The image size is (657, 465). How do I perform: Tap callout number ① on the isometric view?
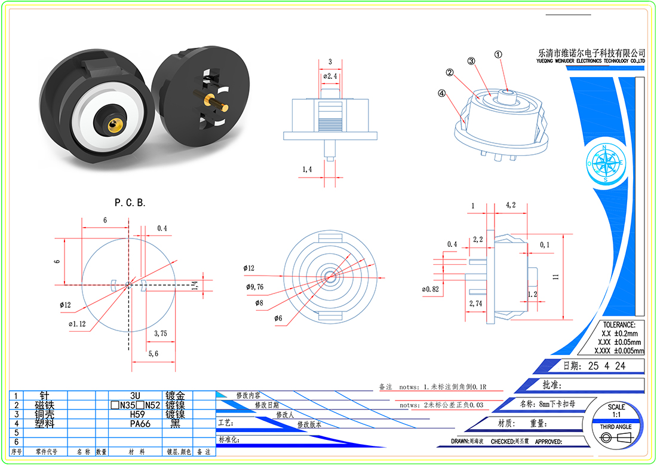click(x=498, y=54)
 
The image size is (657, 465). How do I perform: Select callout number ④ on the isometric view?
click(x=441, y=93)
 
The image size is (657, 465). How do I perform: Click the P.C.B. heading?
click(x=130, y=203)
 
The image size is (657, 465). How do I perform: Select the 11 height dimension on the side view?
click(x=555, y=276)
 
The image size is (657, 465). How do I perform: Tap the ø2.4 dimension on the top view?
click(x=330, y=77)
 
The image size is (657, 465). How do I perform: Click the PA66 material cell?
click(x=140, y=423)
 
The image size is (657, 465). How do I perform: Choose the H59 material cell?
click(x=140, y=414)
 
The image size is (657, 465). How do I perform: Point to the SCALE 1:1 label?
click(x=616, y=411)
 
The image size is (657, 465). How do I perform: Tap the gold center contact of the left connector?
click(x=112, y=122)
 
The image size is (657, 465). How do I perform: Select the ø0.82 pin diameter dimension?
click(x=431, y=289)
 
